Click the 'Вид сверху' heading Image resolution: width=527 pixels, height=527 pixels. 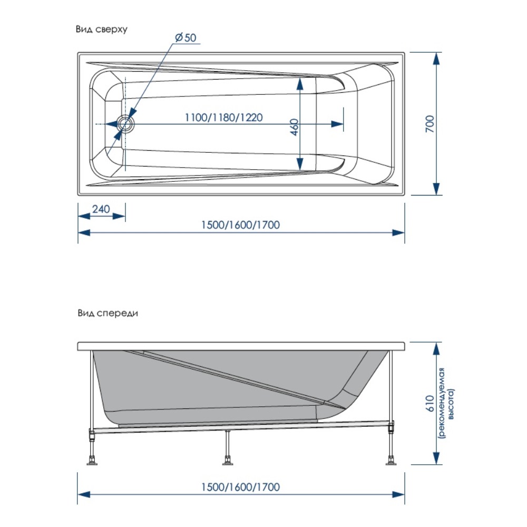[x=102, y=30]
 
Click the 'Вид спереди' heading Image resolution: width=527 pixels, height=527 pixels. [x=108, y=313]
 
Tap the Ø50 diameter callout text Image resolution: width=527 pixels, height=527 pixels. [x=184, y=38]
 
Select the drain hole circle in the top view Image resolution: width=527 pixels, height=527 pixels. [x=126, y=124]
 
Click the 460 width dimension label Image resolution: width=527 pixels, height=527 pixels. [x=295, y=127]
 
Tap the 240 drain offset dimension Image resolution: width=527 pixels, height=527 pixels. [x=101, y=209]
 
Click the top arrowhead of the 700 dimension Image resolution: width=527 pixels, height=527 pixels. [x=436, y=57]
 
